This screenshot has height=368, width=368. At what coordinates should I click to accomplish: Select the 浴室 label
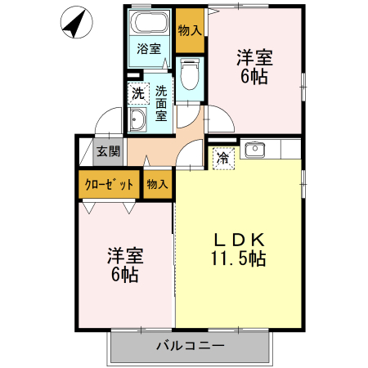tap(150, 49)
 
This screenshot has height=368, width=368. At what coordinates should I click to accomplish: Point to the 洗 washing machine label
tap(137, 92)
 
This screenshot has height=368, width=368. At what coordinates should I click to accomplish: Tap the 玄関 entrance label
tap(107, 150)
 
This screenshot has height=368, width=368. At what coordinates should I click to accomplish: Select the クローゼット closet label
tap(109, 184)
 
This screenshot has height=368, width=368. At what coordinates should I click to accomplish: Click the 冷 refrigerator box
tap(222, 158)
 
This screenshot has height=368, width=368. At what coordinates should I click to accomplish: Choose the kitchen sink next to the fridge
tap(254, 149)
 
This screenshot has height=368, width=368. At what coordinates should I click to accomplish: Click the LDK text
tap(238, 240)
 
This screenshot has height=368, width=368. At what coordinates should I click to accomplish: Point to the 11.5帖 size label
tap(238, 259)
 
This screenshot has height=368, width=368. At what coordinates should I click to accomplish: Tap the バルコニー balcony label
tap(191, 346)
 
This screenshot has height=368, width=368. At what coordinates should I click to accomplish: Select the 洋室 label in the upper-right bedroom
tap(254, 58)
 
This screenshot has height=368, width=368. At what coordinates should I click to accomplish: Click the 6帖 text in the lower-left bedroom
tap(124, 274)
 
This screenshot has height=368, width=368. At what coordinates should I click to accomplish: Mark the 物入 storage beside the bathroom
tap(190, 30)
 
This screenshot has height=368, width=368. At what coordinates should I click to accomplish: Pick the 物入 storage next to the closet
tap(157, 184)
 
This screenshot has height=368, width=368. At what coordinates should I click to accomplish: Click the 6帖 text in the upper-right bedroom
tap(254, 78)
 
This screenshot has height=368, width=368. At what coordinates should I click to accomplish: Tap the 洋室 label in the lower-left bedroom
tap(124, 254)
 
